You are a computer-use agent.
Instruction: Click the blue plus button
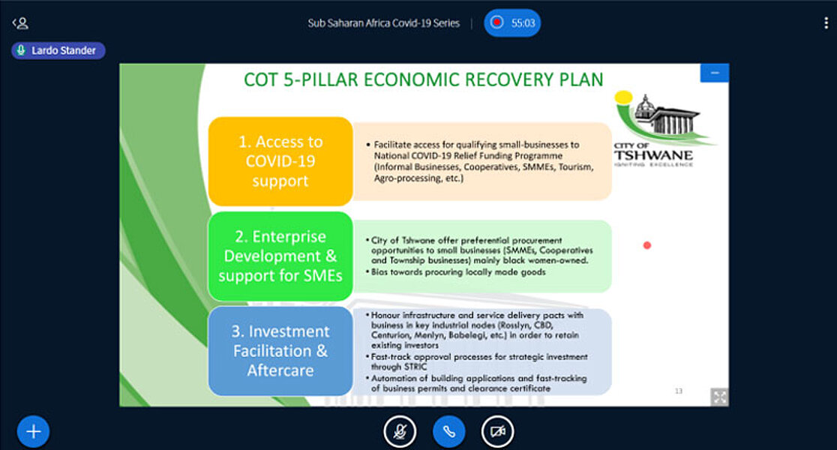point(33,431)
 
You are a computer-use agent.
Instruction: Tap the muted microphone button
point(400,431)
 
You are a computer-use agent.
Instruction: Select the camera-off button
point(497,431)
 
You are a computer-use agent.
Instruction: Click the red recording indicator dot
point(497,22)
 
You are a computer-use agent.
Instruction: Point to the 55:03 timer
point(523,23)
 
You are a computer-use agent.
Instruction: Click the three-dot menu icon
point(826,22)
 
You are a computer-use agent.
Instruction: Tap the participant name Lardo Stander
point(64,51)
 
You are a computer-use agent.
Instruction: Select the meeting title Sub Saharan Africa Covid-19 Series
point(383,23)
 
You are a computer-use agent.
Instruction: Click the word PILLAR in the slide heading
point(329,79)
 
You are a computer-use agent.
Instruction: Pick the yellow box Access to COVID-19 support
point(280,161)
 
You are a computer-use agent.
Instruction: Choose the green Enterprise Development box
point(280,256)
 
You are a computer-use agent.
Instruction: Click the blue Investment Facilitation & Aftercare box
point(280,351)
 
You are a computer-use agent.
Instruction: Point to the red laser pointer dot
point(647,245)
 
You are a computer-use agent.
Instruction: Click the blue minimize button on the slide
point(714,73)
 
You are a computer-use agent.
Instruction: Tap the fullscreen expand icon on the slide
point(719,397)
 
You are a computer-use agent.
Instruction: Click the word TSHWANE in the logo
point(653,155)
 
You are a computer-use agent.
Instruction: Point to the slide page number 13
point(679,391)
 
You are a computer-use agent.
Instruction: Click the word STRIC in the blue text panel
point(415,367)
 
